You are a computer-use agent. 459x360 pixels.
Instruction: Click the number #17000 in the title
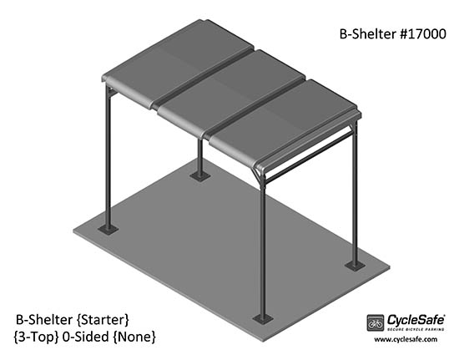(422, 34)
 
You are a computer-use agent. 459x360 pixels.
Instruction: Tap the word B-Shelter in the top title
(368, 34)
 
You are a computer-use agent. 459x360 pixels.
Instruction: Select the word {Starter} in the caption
(103, 320)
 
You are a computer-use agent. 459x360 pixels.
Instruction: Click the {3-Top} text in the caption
(36, 337)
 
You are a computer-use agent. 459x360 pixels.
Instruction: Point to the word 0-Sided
(86, 337)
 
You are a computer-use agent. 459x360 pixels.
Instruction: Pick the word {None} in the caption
(134, 337)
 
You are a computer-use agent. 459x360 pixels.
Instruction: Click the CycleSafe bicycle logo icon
(376, 322)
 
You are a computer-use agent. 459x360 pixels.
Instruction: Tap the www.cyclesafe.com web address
(406, 339)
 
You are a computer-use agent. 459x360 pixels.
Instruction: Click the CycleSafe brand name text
(416, 320)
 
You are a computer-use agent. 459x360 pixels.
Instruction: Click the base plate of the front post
(263, 319)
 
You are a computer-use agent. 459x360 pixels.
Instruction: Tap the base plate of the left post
(108, 230)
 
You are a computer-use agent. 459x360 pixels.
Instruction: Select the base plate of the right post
(355, 266)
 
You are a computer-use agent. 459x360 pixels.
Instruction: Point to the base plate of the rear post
(200, 176)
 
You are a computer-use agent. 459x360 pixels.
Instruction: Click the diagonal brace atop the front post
(257, 175)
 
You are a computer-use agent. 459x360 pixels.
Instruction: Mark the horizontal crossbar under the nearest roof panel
(309, 157)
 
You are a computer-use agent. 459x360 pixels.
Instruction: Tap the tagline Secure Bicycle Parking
(416, 330)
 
